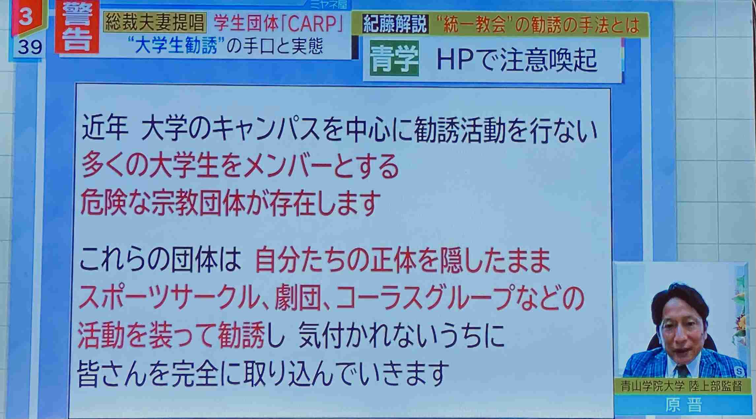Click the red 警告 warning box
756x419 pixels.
tap(77, 27)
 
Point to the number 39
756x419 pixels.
tap(30, 48)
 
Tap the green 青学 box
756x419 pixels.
tap(394, 59)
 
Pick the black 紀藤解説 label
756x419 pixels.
tap(395, 24)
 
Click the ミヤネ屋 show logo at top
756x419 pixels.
tap(328, 5)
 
